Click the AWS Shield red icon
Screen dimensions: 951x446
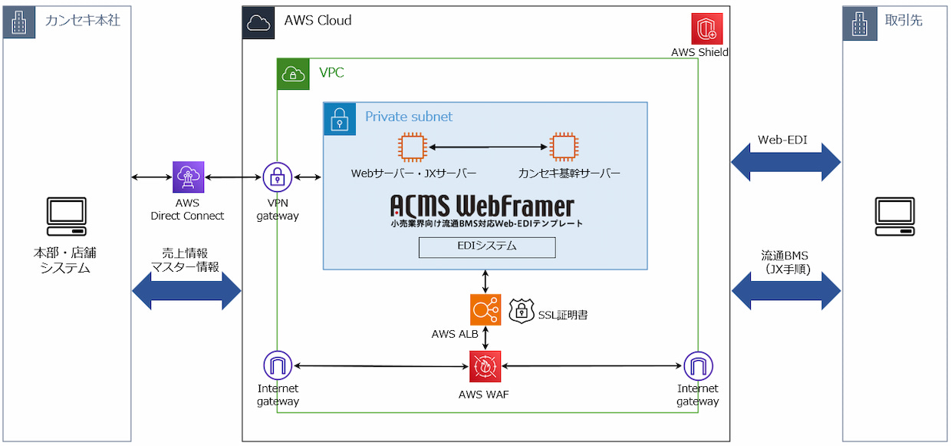(x=707, y=28)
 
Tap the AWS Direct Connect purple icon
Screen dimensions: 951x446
(x=188, y=177)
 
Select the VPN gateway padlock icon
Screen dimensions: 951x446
(x=277, y=177)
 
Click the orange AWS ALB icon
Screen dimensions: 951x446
(x=485, y=309)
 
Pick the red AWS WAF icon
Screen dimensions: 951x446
(x=485, y=366)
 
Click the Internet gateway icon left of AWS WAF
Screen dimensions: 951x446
(x=278, y=365)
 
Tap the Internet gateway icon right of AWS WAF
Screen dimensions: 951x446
(x=698, y=365)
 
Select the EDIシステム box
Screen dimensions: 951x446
(x=487, y=247)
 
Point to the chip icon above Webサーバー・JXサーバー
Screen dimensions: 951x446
(x=412, y=147)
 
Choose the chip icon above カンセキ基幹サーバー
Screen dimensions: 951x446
(x=564, y=147)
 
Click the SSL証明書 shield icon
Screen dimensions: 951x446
(x=522, y=312)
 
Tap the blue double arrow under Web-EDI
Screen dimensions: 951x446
(x=786, y=162)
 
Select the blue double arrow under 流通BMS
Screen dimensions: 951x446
(x=786, y=291)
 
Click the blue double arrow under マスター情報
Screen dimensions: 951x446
(x=186, y=291)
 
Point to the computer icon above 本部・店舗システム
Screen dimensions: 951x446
(x=66, y=216)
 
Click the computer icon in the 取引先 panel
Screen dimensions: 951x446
(x=895, y=216)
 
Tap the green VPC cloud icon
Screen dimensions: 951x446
(x=293, y=74)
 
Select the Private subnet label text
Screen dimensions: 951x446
(x=409, y=117)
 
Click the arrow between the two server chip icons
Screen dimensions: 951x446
(x=489, y=147)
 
